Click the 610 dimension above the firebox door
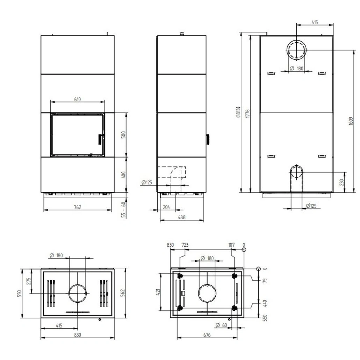pyautogui.click(x=77, y=99)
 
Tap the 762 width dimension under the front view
pyautogui.click(x=78, y=207)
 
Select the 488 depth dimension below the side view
pyautogui.click(x=182, y=217)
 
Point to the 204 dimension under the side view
pyautogui.click(x=166, y=207)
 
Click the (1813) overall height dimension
pyautogui.click(x=238, y=112)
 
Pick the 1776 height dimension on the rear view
pyautogui.click(x=247, y=114)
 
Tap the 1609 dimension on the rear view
pyautogui.click(x=351, y=121)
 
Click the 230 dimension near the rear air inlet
pyautogui.click(x=341, y=182)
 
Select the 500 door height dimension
pyautogui.click(x=123, y=135)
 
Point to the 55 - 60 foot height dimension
pyautogui.click(x=123, y=209)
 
